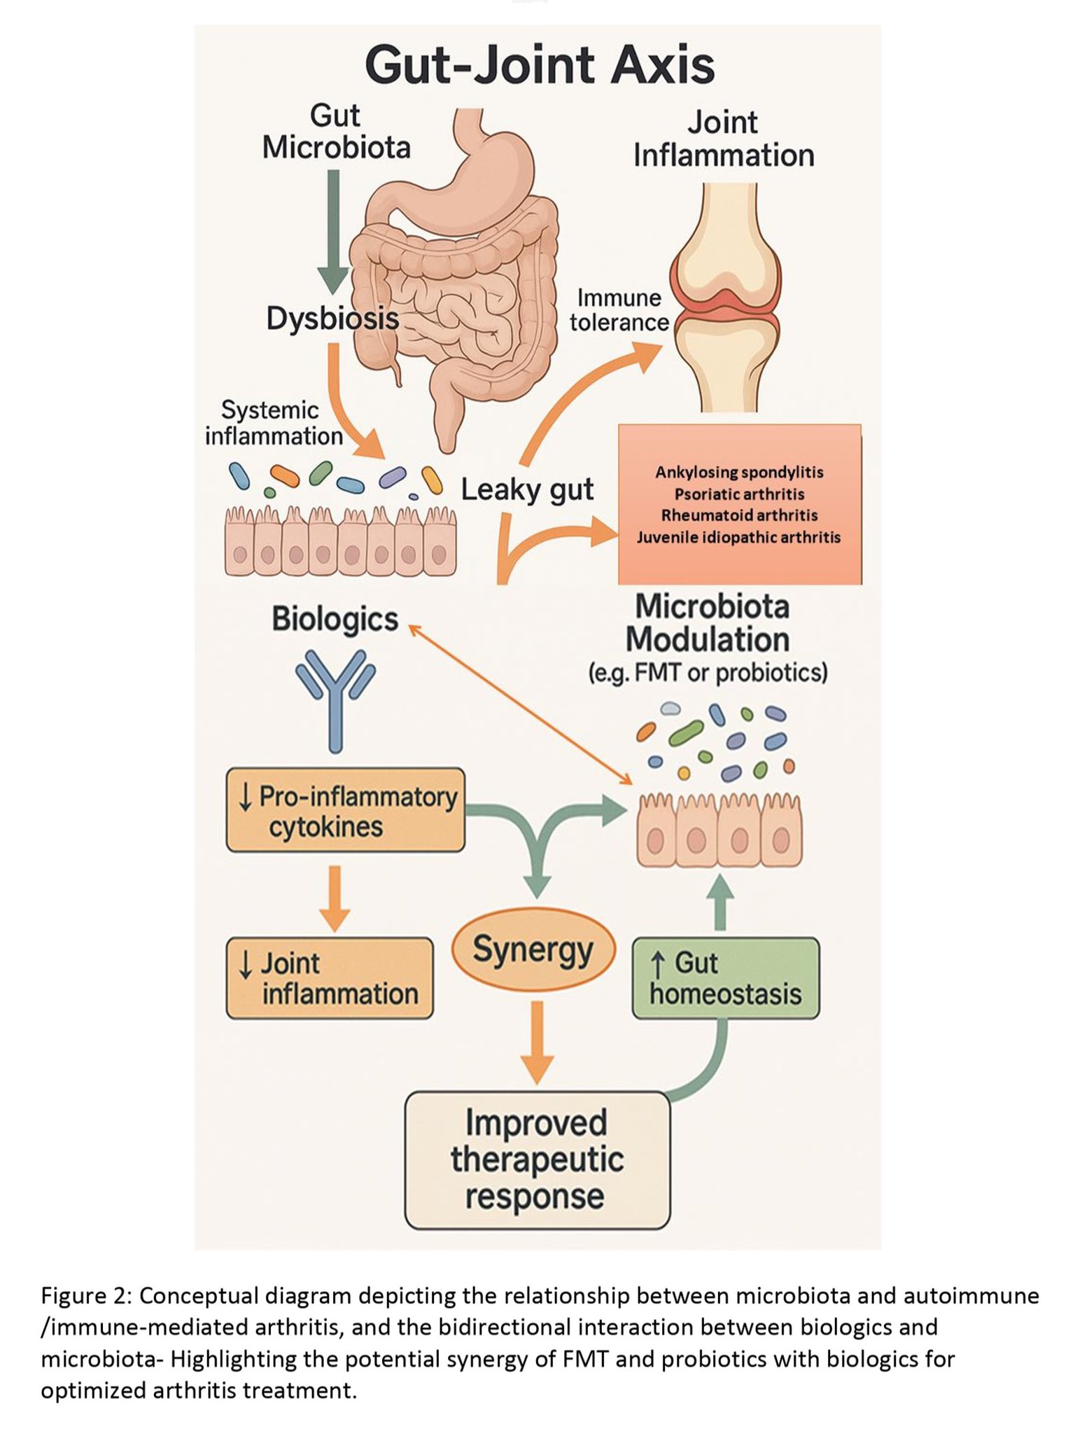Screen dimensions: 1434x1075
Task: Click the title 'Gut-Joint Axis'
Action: click(x=540, y=64)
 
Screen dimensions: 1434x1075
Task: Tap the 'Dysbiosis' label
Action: click(x=332, y=319)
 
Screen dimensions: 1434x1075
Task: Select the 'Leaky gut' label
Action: click(x=527, y=489)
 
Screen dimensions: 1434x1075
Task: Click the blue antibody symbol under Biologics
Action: click(x=335, y=697)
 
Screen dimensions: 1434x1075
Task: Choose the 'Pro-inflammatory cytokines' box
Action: click(x=346, y=811)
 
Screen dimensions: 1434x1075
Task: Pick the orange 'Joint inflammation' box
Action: click(x=330, y=978)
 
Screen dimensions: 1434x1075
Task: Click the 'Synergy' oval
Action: click(x=533, y=951)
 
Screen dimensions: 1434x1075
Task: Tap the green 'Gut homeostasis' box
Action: click(x=725, y=978)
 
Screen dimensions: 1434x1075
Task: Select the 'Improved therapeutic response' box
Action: click(x=537, y=1160)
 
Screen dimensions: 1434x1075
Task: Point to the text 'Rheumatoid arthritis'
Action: click(x=739, y=515)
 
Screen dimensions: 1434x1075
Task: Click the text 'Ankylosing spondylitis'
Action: click(x=739, y=472)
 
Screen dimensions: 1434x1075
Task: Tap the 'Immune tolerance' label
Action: click(x=619, y=310)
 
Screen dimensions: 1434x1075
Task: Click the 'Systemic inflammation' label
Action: click(x=273, y=423)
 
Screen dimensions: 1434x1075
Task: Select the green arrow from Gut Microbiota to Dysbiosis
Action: click(x=334, y=231)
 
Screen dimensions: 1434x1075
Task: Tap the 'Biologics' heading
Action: click(x=335, y=619)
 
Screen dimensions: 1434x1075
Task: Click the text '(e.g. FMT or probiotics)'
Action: click(x=708, y=673)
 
